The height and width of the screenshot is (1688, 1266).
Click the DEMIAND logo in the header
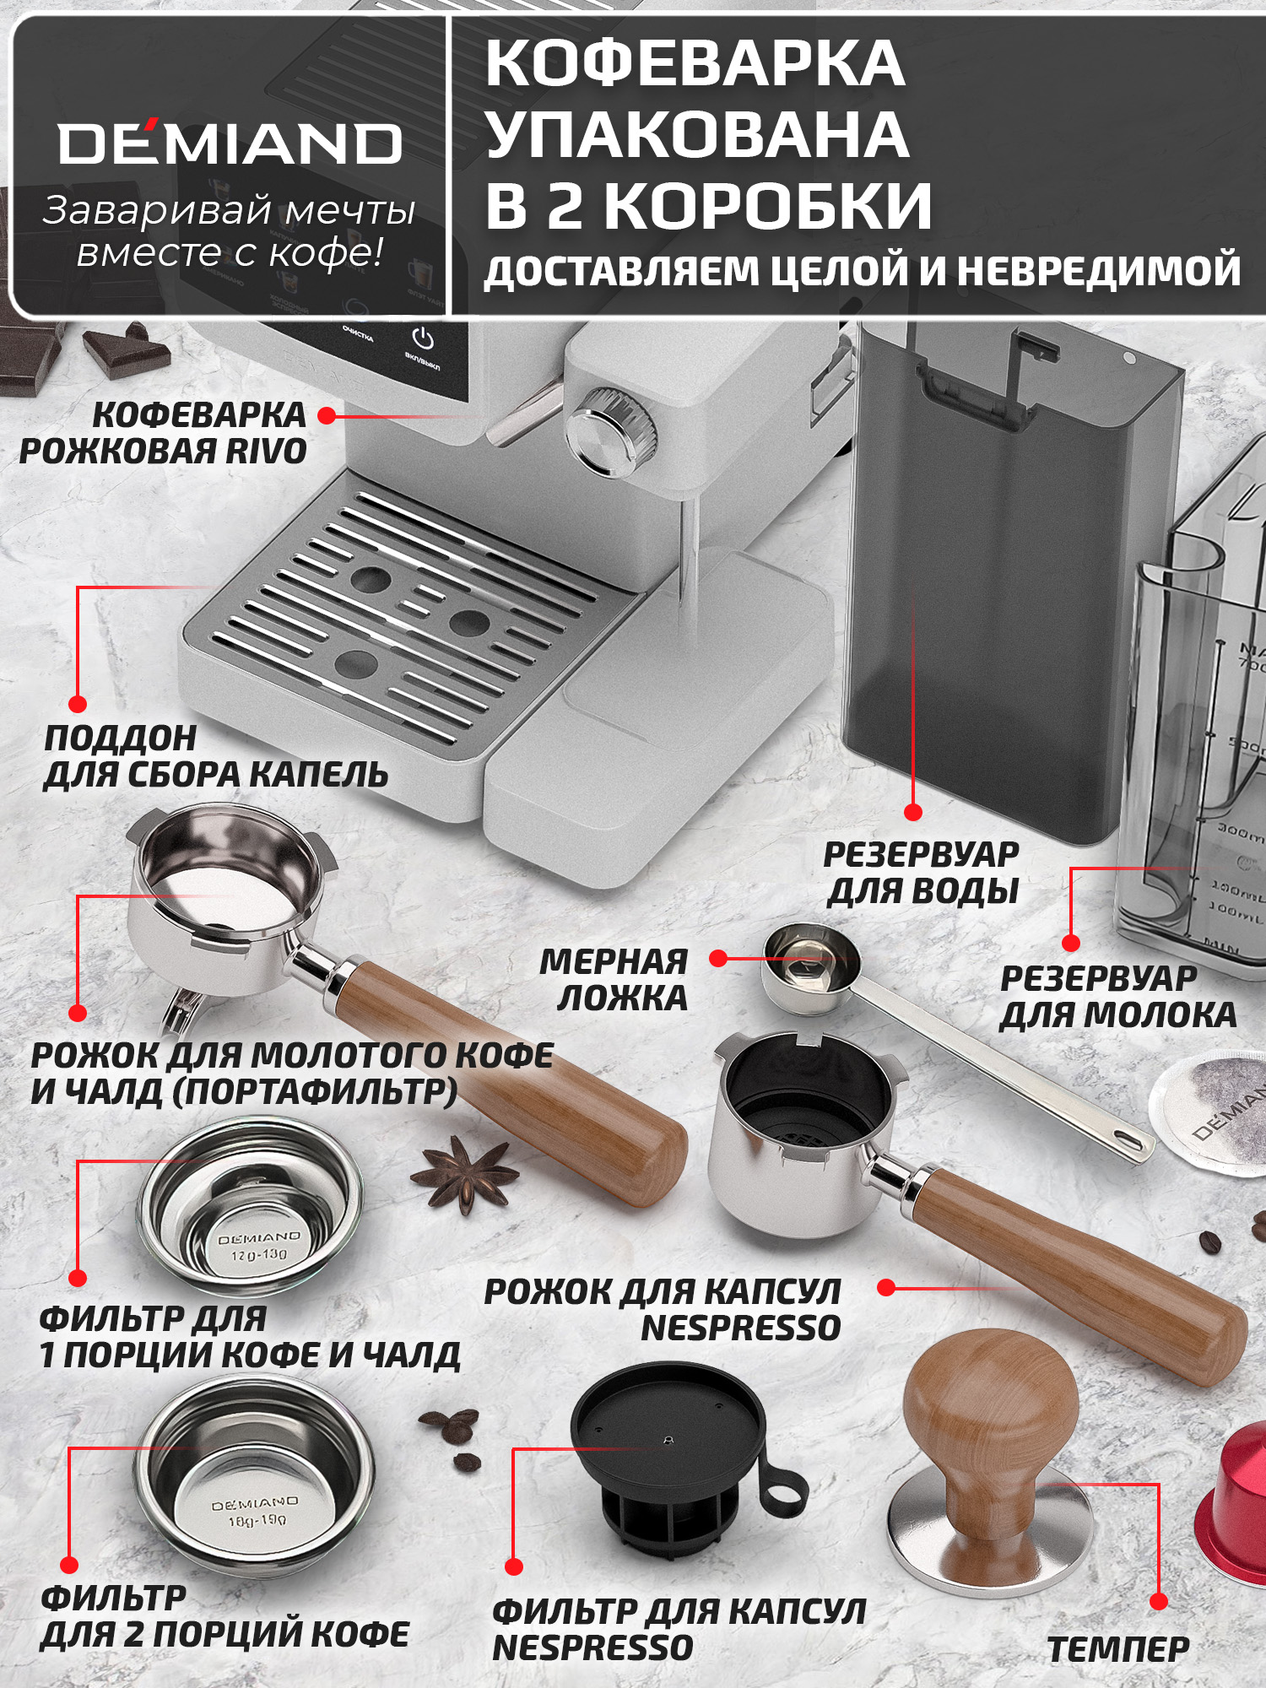(230, 143)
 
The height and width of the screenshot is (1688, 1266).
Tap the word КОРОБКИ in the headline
(768, 207)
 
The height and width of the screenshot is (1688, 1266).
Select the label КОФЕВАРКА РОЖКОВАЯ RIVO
(165, 433)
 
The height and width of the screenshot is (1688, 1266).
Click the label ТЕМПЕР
(1118, 1648)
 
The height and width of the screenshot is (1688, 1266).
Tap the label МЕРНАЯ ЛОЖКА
(614, 979)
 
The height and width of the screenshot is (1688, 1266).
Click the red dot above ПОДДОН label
(78, 704)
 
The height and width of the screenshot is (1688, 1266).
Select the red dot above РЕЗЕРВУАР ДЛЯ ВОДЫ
(912, 812)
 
